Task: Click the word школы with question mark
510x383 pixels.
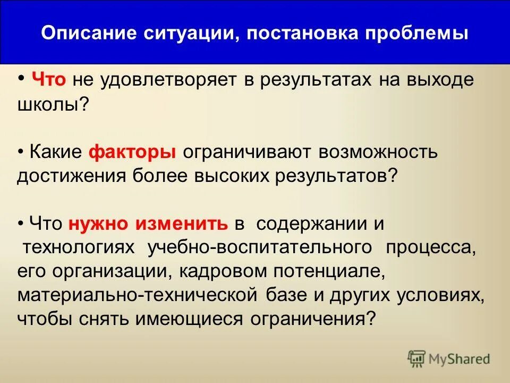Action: click(52, 104)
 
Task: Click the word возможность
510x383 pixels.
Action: click(378, 152)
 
